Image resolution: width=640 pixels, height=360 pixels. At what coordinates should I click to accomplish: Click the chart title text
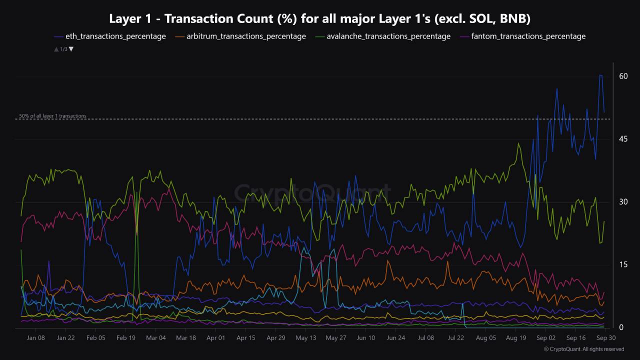tap(320, 19)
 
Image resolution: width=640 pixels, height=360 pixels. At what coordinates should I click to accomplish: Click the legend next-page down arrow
tap(71, 49)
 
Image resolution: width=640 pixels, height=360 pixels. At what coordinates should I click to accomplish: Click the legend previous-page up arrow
tap(56, 49)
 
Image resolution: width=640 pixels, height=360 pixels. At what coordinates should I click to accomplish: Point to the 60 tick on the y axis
tap(623, 76)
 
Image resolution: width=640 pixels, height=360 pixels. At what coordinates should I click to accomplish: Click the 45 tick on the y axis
tap(623, 139)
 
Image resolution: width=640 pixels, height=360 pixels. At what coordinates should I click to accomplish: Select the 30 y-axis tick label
tap(623, 202)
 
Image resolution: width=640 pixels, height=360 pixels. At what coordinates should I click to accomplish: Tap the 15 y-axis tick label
tap(623, 264)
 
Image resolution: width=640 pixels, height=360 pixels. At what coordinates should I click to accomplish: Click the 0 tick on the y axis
tap(621, 327)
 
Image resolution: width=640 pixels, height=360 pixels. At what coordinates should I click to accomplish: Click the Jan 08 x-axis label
tap(35, 338)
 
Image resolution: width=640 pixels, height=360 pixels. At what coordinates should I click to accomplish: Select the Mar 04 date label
tap(155, 338)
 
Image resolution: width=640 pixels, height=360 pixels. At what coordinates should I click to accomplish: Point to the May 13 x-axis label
tap(306, 338)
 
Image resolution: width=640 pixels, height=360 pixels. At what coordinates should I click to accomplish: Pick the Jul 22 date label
tap(456, 338)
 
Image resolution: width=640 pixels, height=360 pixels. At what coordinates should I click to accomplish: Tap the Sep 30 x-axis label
tap(605, 338)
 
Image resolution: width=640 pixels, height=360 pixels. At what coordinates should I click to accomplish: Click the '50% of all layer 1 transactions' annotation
tap(52, 116)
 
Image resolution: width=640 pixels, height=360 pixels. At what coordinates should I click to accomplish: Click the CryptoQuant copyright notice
tap(584, 349)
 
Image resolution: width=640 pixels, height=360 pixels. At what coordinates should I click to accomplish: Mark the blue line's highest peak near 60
tap(600, 75)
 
